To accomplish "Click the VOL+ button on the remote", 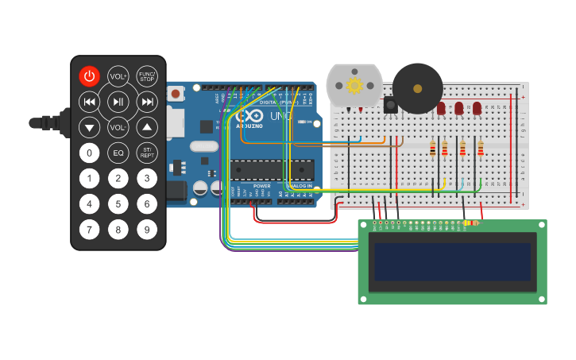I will pyautogui.click(x=118, y=76).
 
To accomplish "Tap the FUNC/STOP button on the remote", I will pyautogui.click(x=147, y=76).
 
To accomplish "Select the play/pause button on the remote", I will pyautogui.click(x=118, y=102).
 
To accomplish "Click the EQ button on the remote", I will pyautogui.click(x=118, y=153).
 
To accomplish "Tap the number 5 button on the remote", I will pyautogui.click(x=118, y=204).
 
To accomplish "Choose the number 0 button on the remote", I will pyautogui.click(x=90, y=153).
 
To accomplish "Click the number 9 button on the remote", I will pyautogui.click(x=147, y=230).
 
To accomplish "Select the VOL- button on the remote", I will pyautogui.click(x=118, y=127).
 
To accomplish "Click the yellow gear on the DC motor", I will pyautogui.click(x=354, y=84).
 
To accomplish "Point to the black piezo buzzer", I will pyautogui.click(x=417, y=87).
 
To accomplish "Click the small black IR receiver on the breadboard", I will pyautogui.click(x=390, y=104).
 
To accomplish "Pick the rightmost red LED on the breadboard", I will pyautogui.click(x=477, y=107).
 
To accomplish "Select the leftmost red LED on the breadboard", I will pyautogui.click(x=441, y=107).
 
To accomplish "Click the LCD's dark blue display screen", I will pyautogui.click(x=452, y=261).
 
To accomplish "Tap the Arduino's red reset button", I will pyautogui.click(x=176, y=94).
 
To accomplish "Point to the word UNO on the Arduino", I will pyautogui.click(x=282, y=116).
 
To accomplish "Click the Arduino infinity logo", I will pyautogui.click(x=250, y=115).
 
